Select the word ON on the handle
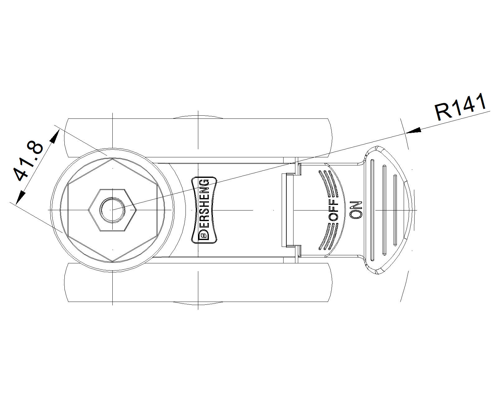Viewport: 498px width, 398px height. (356, 210)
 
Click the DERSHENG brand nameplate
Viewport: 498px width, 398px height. (204, 210)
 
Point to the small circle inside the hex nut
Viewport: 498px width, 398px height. (112, 210)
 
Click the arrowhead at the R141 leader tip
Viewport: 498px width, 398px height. (413, 130)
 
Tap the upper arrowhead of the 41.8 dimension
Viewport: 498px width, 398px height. (55, 136)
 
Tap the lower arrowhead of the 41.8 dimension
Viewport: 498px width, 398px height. (20, 197)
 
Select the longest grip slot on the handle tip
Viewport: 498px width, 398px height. (372, 210)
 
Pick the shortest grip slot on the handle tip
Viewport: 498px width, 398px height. (395, 210)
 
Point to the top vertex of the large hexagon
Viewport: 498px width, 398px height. (112, 159)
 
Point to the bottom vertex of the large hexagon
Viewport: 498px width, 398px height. (112, 261)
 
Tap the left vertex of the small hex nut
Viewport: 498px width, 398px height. (88, 210)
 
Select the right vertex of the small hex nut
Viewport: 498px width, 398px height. (137, 210)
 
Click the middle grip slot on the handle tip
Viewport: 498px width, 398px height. (384, 210)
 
